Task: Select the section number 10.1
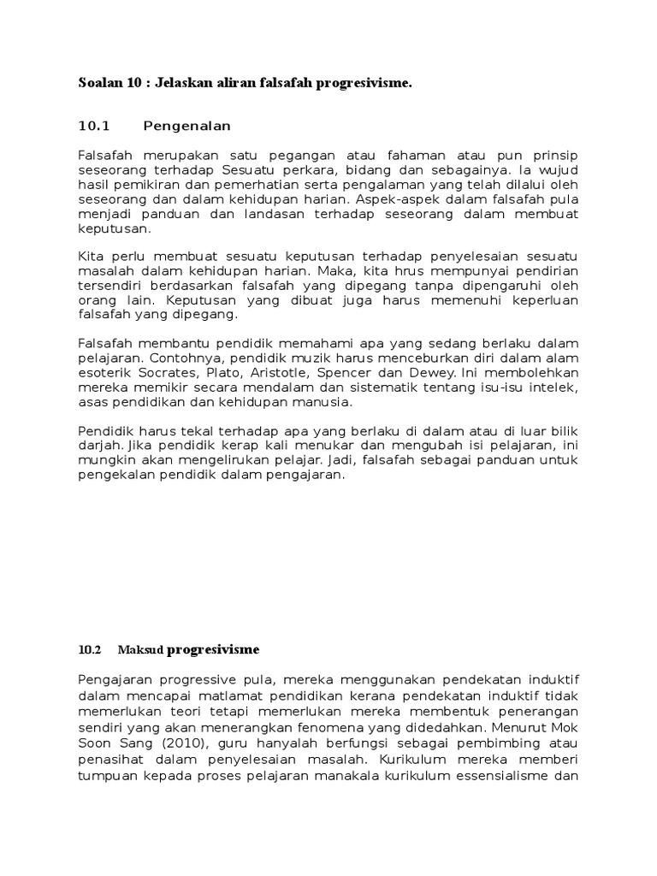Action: click(x=95, y=127)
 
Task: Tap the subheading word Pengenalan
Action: click(x=187, y=127)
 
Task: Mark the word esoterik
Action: click(x=105, y=374)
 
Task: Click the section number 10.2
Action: click(x=89, y=649)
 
